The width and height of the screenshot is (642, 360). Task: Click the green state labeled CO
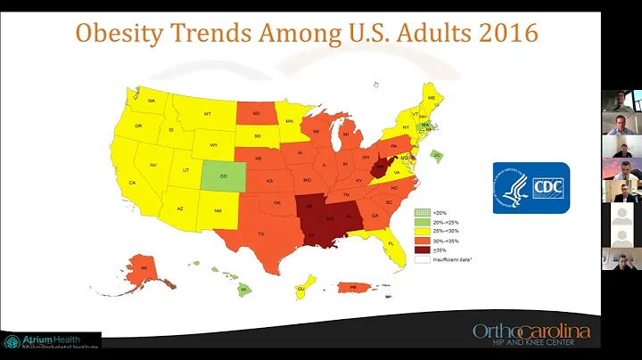point(223,176)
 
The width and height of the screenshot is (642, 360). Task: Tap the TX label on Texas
point(260,233)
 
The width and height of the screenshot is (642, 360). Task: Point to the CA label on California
point(132,183)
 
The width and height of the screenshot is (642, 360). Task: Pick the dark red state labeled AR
point(309,206)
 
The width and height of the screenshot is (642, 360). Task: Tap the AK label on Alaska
point(144,266)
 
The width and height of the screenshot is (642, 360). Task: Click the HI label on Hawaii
point(242,290)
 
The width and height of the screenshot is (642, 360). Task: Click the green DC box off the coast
point(437,154)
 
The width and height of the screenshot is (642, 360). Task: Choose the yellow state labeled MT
point(207,114)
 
